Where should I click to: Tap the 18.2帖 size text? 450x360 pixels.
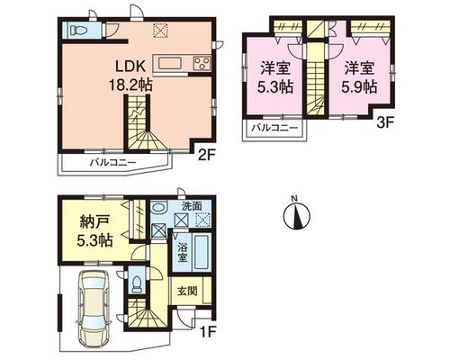click(x=130, y=85)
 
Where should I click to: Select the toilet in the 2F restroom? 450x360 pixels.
click(x=77, y=30)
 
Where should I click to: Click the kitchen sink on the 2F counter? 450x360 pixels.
click(x=170, y=64)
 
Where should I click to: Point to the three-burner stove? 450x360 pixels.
click(x=202, y=63)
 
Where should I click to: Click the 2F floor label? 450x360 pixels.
click(x=205, y=155)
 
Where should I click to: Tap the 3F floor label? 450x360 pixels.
click(x=384, y=123)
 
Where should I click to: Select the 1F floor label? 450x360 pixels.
click(x=208, y=332)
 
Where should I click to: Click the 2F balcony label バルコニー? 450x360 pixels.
click(x=113, y=163)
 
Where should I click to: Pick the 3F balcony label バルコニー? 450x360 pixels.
click(x=274, y=128)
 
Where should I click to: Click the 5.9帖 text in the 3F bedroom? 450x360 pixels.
click(x=359, y=87)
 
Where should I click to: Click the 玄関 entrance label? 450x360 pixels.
click(x=187, y=291)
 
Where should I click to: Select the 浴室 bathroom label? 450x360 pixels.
click(x=182, y=253)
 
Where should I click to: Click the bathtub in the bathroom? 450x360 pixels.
click(x=202, y=252)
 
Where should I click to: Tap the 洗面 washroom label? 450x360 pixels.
click(x=192, y=206)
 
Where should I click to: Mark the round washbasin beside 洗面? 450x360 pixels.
click(x=158, y=207)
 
